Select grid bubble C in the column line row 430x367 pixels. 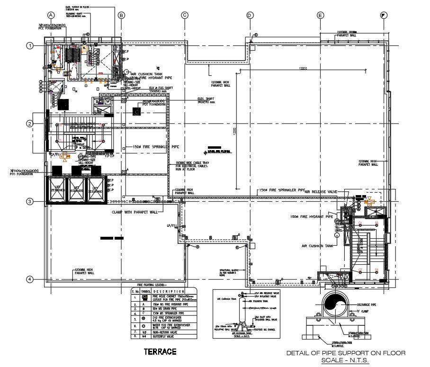click(185, 15)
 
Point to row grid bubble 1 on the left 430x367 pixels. click(30, 46)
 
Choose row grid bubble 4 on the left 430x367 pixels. click(30, 279)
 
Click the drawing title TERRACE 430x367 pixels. click(160, 351)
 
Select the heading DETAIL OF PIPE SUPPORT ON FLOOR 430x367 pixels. click(346, 353)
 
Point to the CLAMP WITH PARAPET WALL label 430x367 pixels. click(135, 212)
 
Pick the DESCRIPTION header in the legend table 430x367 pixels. click(169, 291)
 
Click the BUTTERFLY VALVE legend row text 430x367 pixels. click(166, 337)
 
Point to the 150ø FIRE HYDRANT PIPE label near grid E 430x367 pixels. click(313, 217)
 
